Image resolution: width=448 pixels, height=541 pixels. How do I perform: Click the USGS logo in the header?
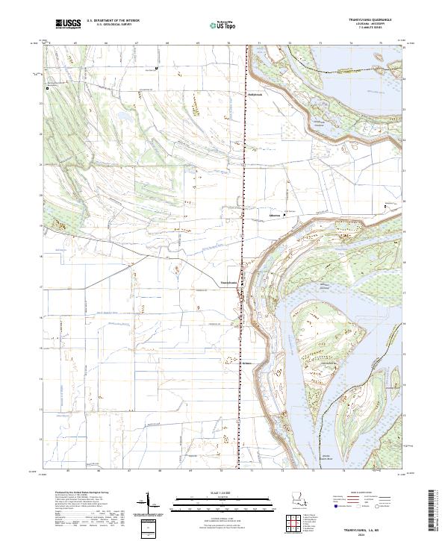[x=67, y=25]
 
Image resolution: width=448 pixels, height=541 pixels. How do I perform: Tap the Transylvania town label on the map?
[x=228, y=283]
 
